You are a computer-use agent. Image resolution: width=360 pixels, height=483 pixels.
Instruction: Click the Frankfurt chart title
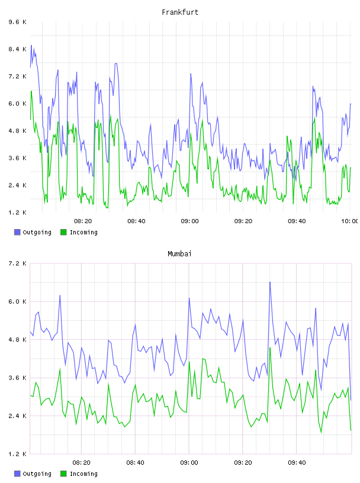[x=180, y=12]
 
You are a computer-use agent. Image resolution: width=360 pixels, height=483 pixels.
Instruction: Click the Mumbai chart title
[x=179, y=254]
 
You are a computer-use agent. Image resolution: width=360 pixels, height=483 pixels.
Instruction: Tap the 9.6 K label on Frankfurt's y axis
[x=18, y=22]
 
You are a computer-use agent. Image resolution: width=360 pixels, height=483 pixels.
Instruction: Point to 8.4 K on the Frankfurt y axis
[x=18, y=49]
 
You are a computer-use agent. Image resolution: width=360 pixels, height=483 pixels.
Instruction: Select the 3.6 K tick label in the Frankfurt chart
[x=18, y=158]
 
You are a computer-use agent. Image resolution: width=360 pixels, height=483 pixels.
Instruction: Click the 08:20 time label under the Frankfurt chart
[x=83, y=221]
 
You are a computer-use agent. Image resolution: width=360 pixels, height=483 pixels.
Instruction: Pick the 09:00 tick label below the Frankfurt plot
[x=190, y=221]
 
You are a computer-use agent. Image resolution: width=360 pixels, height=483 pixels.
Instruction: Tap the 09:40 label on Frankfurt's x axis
[x=297, y=221]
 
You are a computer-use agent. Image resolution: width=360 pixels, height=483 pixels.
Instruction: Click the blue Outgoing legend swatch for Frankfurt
[x=17, y=232]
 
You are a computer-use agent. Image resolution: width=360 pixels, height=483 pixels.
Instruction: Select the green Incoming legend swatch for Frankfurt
[x=63, y=232]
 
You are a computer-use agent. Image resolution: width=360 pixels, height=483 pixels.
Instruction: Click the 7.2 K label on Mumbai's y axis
[x=18, y=263]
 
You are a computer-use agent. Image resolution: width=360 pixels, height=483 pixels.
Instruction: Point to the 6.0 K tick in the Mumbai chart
[x=18, y=301]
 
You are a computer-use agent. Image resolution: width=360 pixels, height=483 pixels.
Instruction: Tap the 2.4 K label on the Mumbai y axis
[x=18, y=416]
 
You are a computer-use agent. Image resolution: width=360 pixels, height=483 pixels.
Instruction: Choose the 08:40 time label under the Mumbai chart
[x=136, y=462]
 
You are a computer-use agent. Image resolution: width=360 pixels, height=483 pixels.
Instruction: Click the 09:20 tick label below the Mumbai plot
[x=243, y=462]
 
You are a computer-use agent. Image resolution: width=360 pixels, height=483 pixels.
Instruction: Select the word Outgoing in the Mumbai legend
[x=37, y=474]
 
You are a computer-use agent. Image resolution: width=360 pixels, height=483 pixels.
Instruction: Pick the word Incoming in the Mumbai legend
[x=83, y=474]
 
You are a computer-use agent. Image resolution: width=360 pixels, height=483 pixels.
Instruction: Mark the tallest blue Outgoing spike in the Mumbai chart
[x=270, y=282]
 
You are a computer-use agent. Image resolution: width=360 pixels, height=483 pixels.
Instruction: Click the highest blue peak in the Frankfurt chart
[x=31, y=45]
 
